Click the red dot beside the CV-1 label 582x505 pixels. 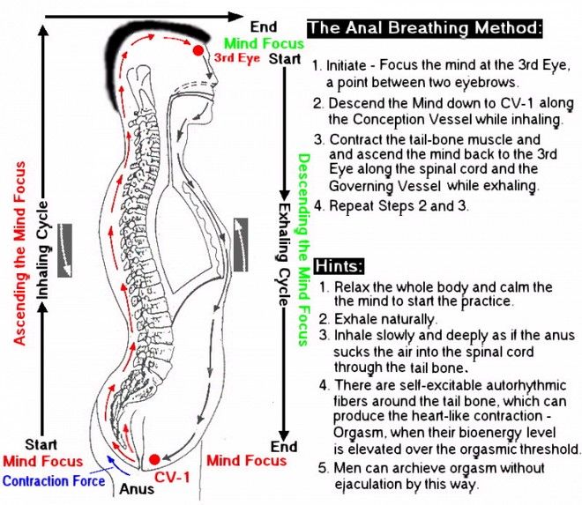[155, 458]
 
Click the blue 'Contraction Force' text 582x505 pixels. [53, 481]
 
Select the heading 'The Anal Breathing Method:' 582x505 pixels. [424, 27]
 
